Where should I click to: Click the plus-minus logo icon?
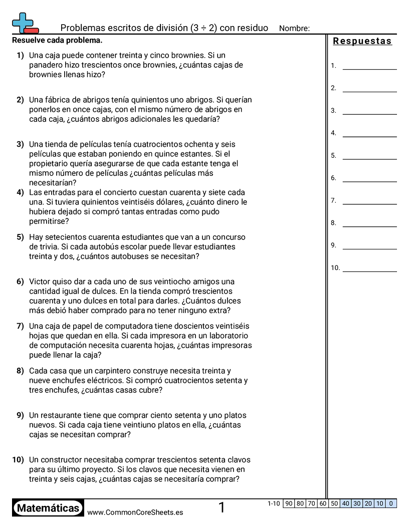click(25, 24)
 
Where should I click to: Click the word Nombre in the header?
click(294, 29)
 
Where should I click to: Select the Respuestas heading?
click(362, 42)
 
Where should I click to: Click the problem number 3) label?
click(20, 144)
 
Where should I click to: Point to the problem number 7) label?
click(20, 326)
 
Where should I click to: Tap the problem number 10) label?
click(18, 460)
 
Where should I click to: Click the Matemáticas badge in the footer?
click(48, 508)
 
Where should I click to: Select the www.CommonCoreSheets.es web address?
click(135, 512)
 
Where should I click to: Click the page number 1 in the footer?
click(222, 508)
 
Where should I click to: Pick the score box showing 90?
click(289, 503)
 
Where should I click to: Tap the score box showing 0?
click(391, 503)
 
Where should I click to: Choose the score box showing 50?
click(334, 503)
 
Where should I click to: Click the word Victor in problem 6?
click(40, 282)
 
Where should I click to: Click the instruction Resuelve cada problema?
click(57, 40)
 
